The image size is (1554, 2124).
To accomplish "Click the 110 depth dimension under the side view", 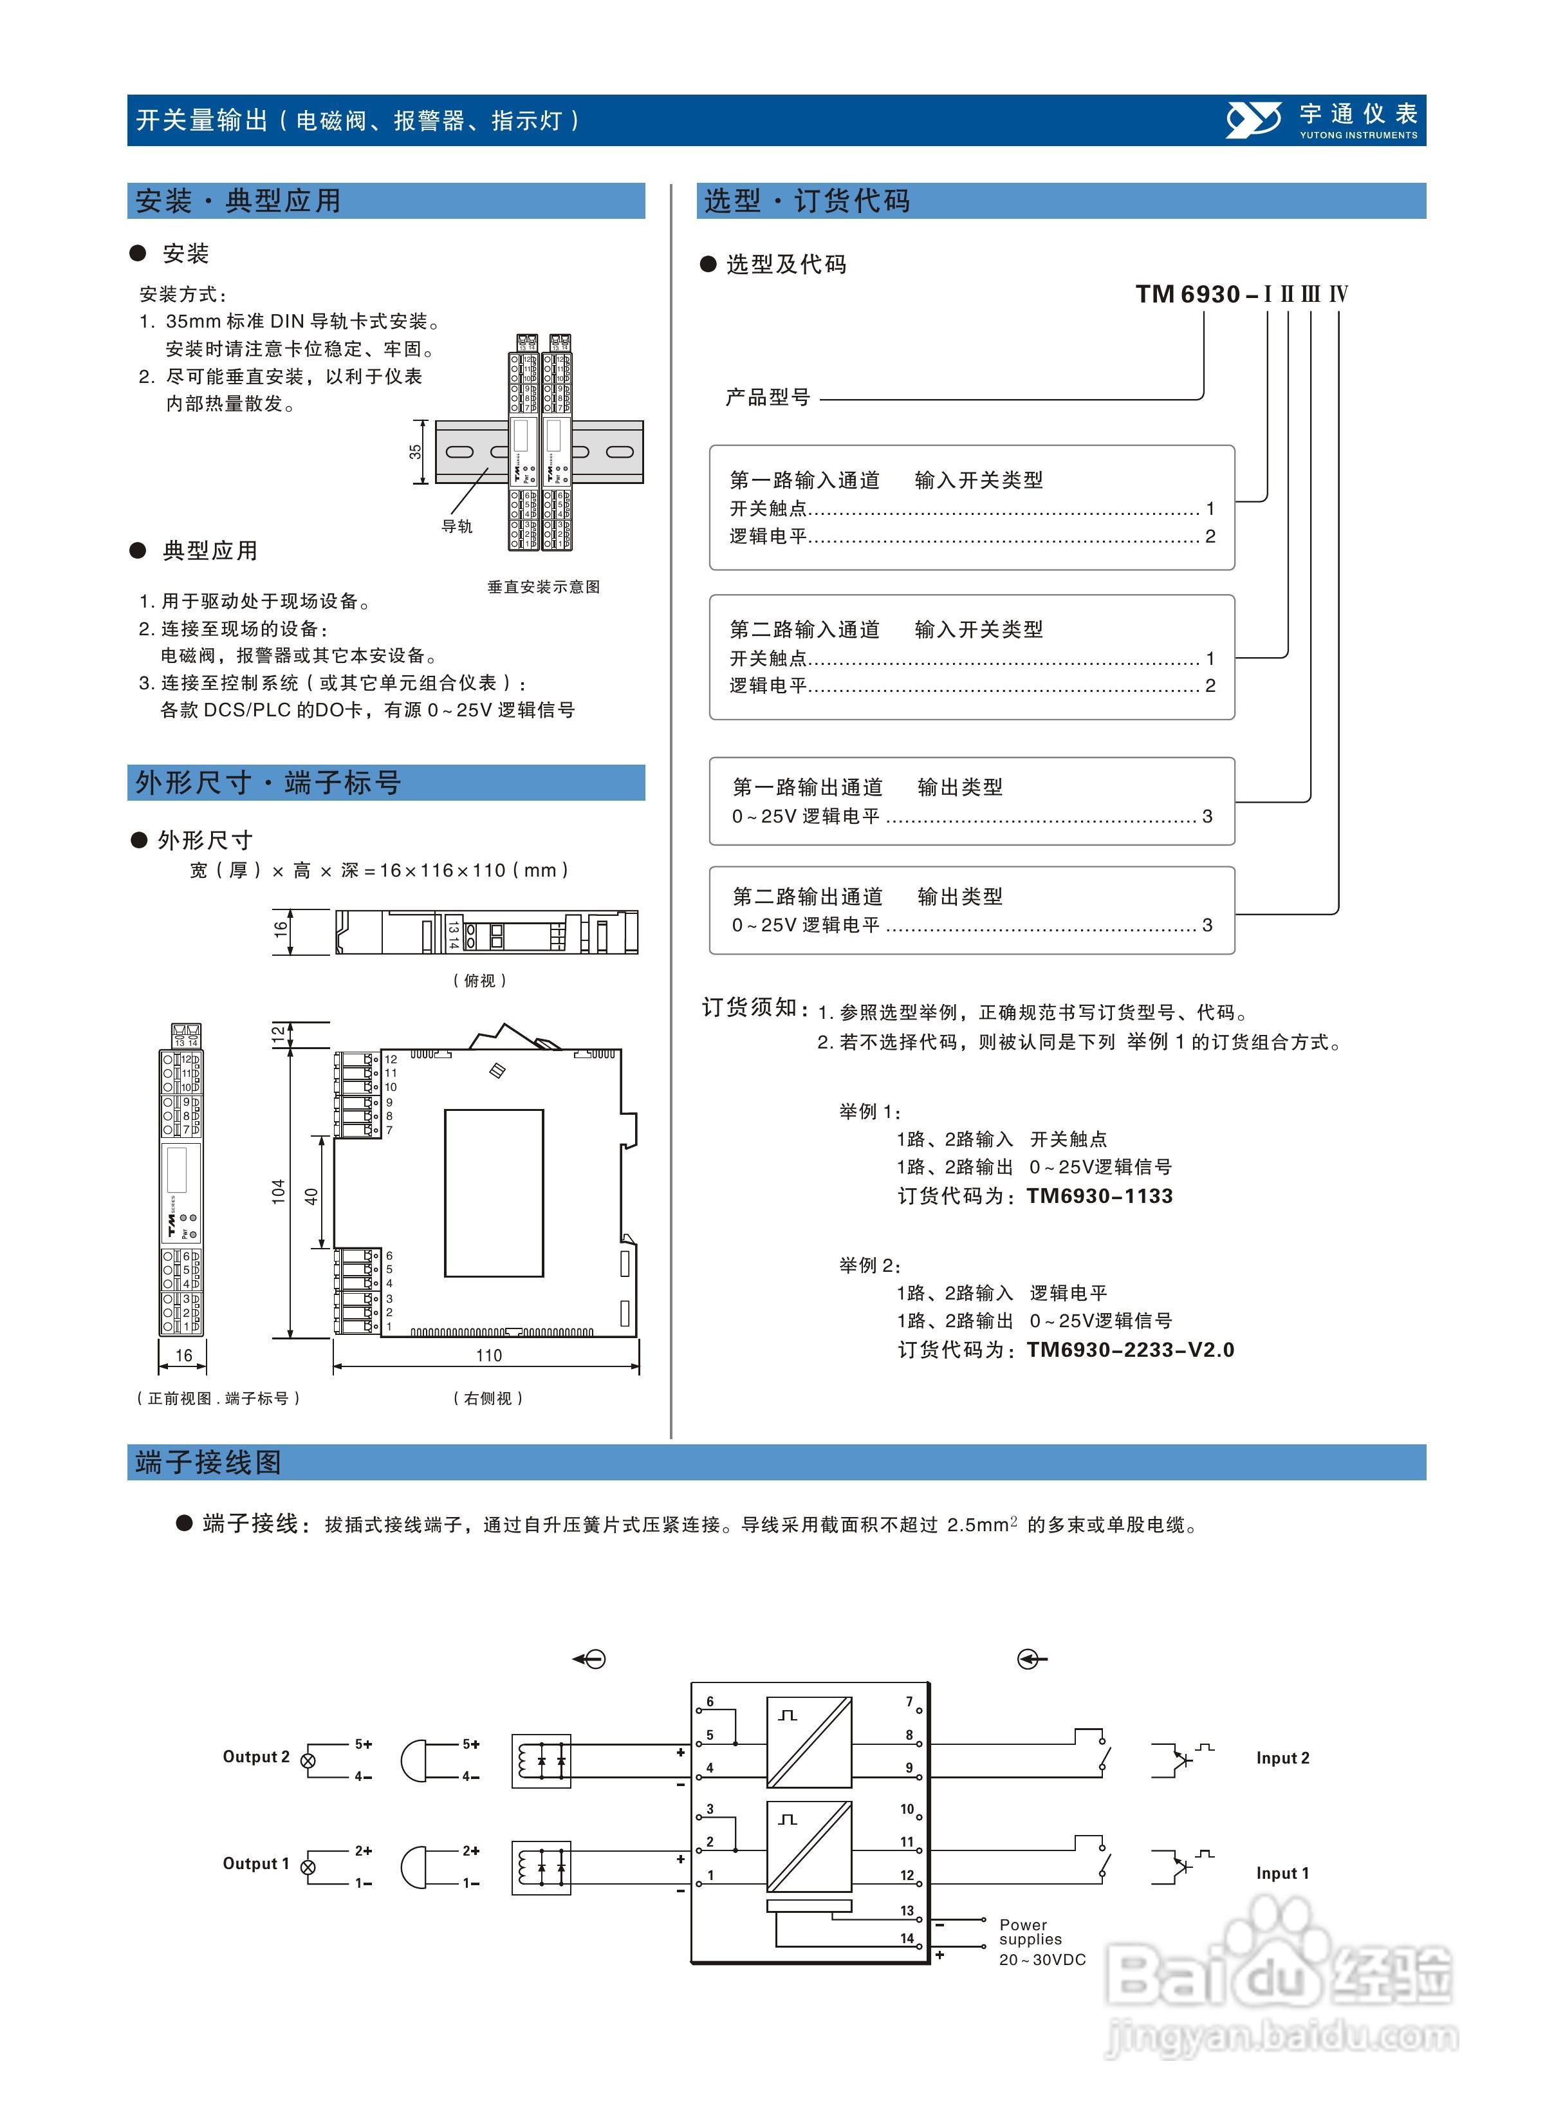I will [488, 1355].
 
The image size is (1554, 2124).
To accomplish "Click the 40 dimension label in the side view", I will [311, 1197].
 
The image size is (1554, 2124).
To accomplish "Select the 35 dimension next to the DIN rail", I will [415, 452].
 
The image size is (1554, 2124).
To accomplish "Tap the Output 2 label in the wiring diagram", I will [256, 1756].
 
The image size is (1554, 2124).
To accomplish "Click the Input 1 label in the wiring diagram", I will [1282, 1873].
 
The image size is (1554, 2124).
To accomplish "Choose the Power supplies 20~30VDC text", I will [1041, 1942].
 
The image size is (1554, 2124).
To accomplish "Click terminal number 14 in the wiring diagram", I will [907, 1938].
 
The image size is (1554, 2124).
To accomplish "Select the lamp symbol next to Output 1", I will [308, 1867].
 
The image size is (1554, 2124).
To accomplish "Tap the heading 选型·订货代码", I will [807, 201].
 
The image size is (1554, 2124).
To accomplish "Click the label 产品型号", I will [768, 397].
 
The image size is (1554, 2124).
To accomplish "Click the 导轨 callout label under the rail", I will [457, 526].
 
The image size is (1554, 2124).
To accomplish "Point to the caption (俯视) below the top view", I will [480, 980].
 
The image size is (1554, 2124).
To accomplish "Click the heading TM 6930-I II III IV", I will [1242, 294].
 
